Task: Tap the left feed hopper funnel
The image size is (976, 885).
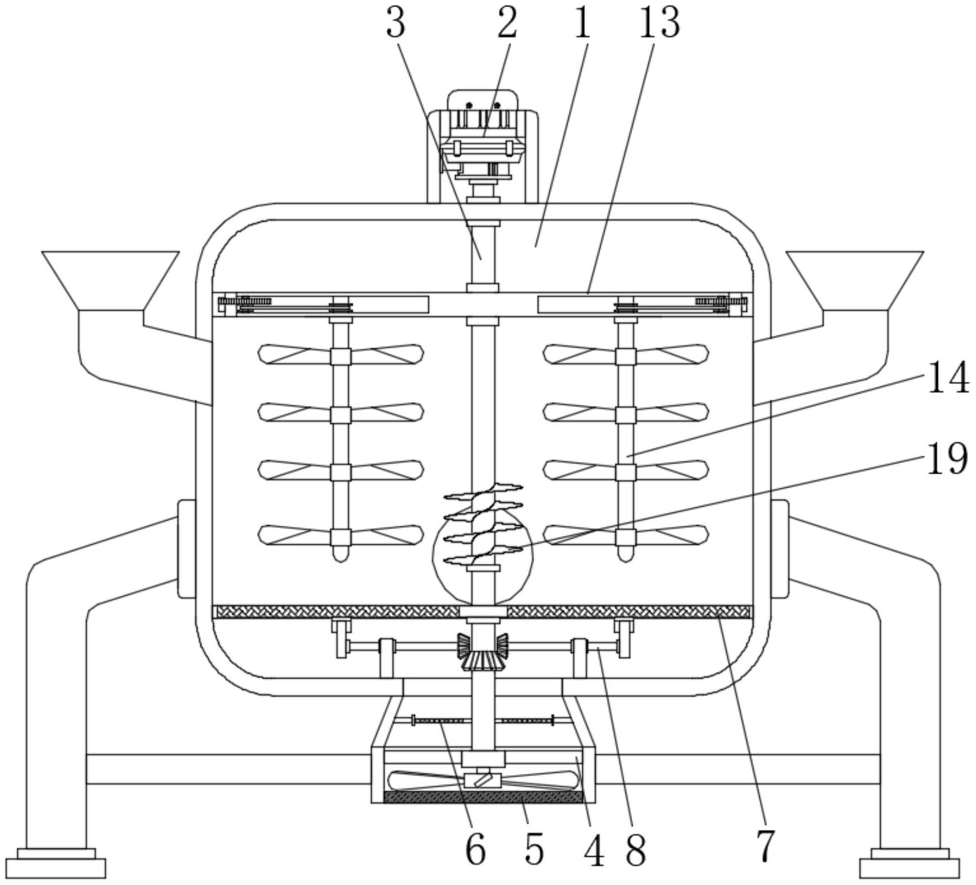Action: coord(110,281)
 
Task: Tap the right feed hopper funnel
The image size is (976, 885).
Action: coord(855,281)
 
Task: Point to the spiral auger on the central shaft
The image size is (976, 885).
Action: coord(483,523)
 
